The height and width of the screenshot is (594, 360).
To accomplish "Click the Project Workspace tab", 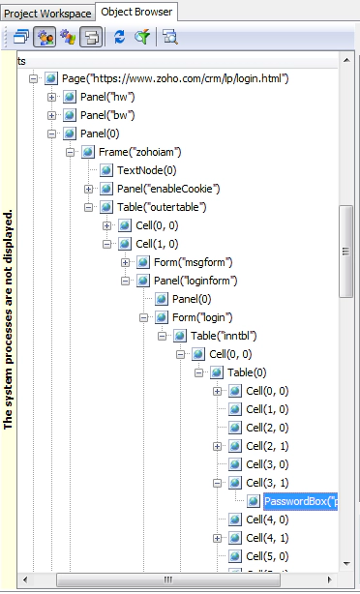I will [x=46, y=13].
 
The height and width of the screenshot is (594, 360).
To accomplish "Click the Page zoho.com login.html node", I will [x=175, y=78].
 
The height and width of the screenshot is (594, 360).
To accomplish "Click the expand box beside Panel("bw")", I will [x=52, y=115].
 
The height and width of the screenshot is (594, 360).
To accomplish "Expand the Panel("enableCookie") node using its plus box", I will [x=89, y=189].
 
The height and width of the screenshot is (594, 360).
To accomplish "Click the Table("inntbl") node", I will [x=223, y=336].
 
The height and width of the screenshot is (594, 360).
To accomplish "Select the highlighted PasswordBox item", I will [x=300, y=501].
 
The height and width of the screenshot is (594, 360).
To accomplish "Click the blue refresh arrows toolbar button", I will [x=119, y=37].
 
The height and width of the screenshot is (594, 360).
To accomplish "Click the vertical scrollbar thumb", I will [x=345, y=250].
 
